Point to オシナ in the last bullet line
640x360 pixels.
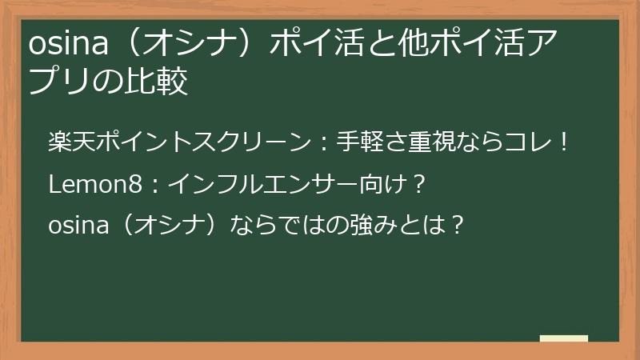click(x=166, y=225)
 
